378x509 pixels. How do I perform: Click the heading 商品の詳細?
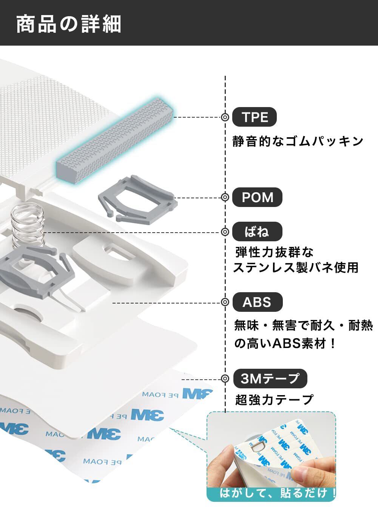(x=69, y=24)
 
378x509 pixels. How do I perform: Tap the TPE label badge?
(x=255, y=117)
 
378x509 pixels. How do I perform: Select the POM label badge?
(x=257, y=197)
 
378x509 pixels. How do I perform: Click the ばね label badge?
(x=257, y=232)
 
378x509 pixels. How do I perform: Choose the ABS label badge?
(x=257, y=302)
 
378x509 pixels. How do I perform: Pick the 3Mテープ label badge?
(x=270, y=378)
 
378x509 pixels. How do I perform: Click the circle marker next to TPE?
(x=225, y=117)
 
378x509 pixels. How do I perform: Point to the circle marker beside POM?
(x=225, y=197)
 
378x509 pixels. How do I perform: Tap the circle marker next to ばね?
(x=225, y=232)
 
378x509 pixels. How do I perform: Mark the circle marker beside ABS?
(x=225, y=302)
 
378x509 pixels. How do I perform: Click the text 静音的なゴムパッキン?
(x=298, y=141)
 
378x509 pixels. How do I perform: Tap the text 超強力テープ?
(x=275, y=399)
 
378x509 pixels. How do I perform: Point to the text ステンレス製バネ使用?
(x=296, y=267)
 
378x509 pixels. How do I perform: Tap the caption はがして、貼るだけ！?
(x=278, y=493)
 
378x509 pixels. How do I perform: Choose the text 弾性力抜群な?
(x=275, y=251)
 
